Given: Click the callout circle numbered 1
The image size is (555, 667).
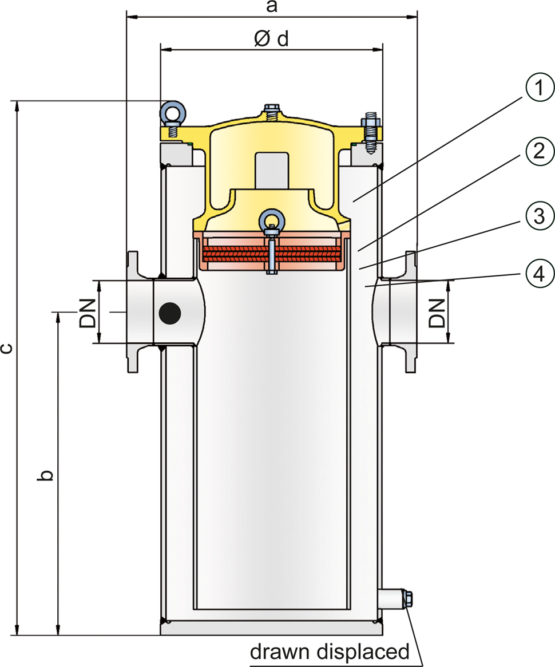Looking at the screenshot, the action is tap(540, 88).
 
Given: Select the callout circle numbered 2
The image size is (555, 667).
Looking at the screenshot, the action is tap(540, 151).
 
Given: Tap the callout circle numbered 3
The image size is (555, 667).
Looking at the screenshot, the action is tap(540, 216).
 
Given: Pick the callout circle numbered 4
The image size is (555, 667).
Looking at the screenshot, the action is tap(540, 273).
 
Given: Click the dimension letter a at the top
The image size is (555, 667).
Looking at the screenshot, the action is tap(272, 6).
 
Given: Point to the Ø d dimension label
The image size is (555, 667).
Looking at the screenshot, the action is tap(271, 39).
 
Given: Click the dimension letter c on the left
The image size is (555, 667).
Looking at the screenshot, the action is tap(6, 349).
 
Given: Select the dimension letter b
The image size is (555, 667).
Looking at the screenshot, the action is tap(45, 475).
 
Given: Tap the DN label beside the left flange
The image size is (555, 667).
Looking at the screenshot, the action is tap(88, 313).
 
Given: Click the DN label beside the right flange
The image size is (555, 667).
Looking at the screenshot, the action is tap(436, 313).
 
